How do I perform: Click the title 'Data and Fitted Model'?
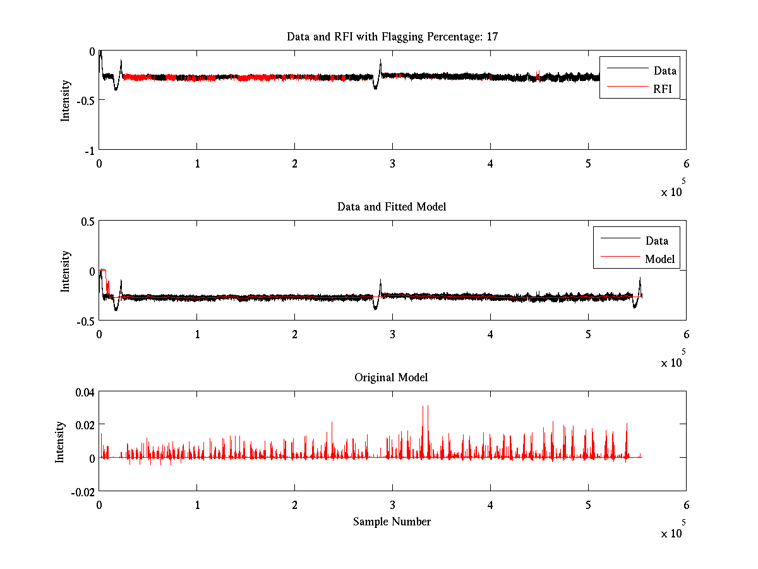tap(392, 207)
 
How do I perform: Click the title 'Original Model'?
tap(391, 377)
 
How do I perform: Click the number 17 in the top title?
tap(491, 37)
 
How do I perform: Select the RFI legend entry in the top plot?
tap(663, 89)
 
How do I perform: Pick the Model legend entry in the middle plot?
tap(659, 259)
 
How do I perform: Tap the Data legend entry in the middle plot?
tap(656, 240)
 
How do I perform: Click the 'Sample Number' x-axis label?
tap(392, 522)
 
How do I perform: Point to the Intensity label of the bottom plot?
tap(60, 442)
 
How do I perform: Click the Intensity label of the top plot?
tap(65, 101)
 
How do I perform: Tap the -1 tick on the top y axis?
tap(90, 150)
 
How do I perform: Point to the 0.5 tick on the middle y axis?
tap(87, 221)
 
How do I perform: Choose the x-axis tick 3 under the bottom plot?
tap(392, 505)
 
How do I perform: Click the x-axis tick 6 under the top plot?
tap(686, 164)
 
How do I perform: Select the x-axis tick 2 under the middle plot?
tap(294, 334)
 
